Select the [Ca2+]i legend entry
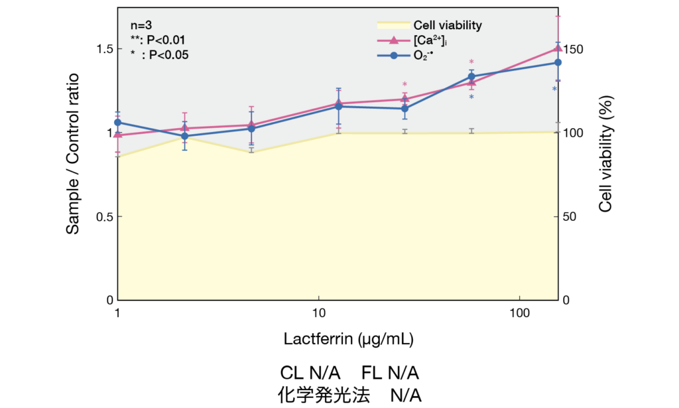tap(430, 41)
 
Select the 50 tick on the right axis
tap(572, 217)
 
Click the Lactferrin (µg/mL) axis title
tap(349, 340)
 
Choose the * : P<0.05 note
tap(159, 56)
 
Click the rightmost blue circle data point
tap(558, 62)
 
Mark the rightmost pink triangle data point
tap(558, 48)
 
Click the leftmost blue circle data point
tap(117, 122)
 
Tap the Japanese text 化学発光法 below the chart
tap(321, 395)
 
